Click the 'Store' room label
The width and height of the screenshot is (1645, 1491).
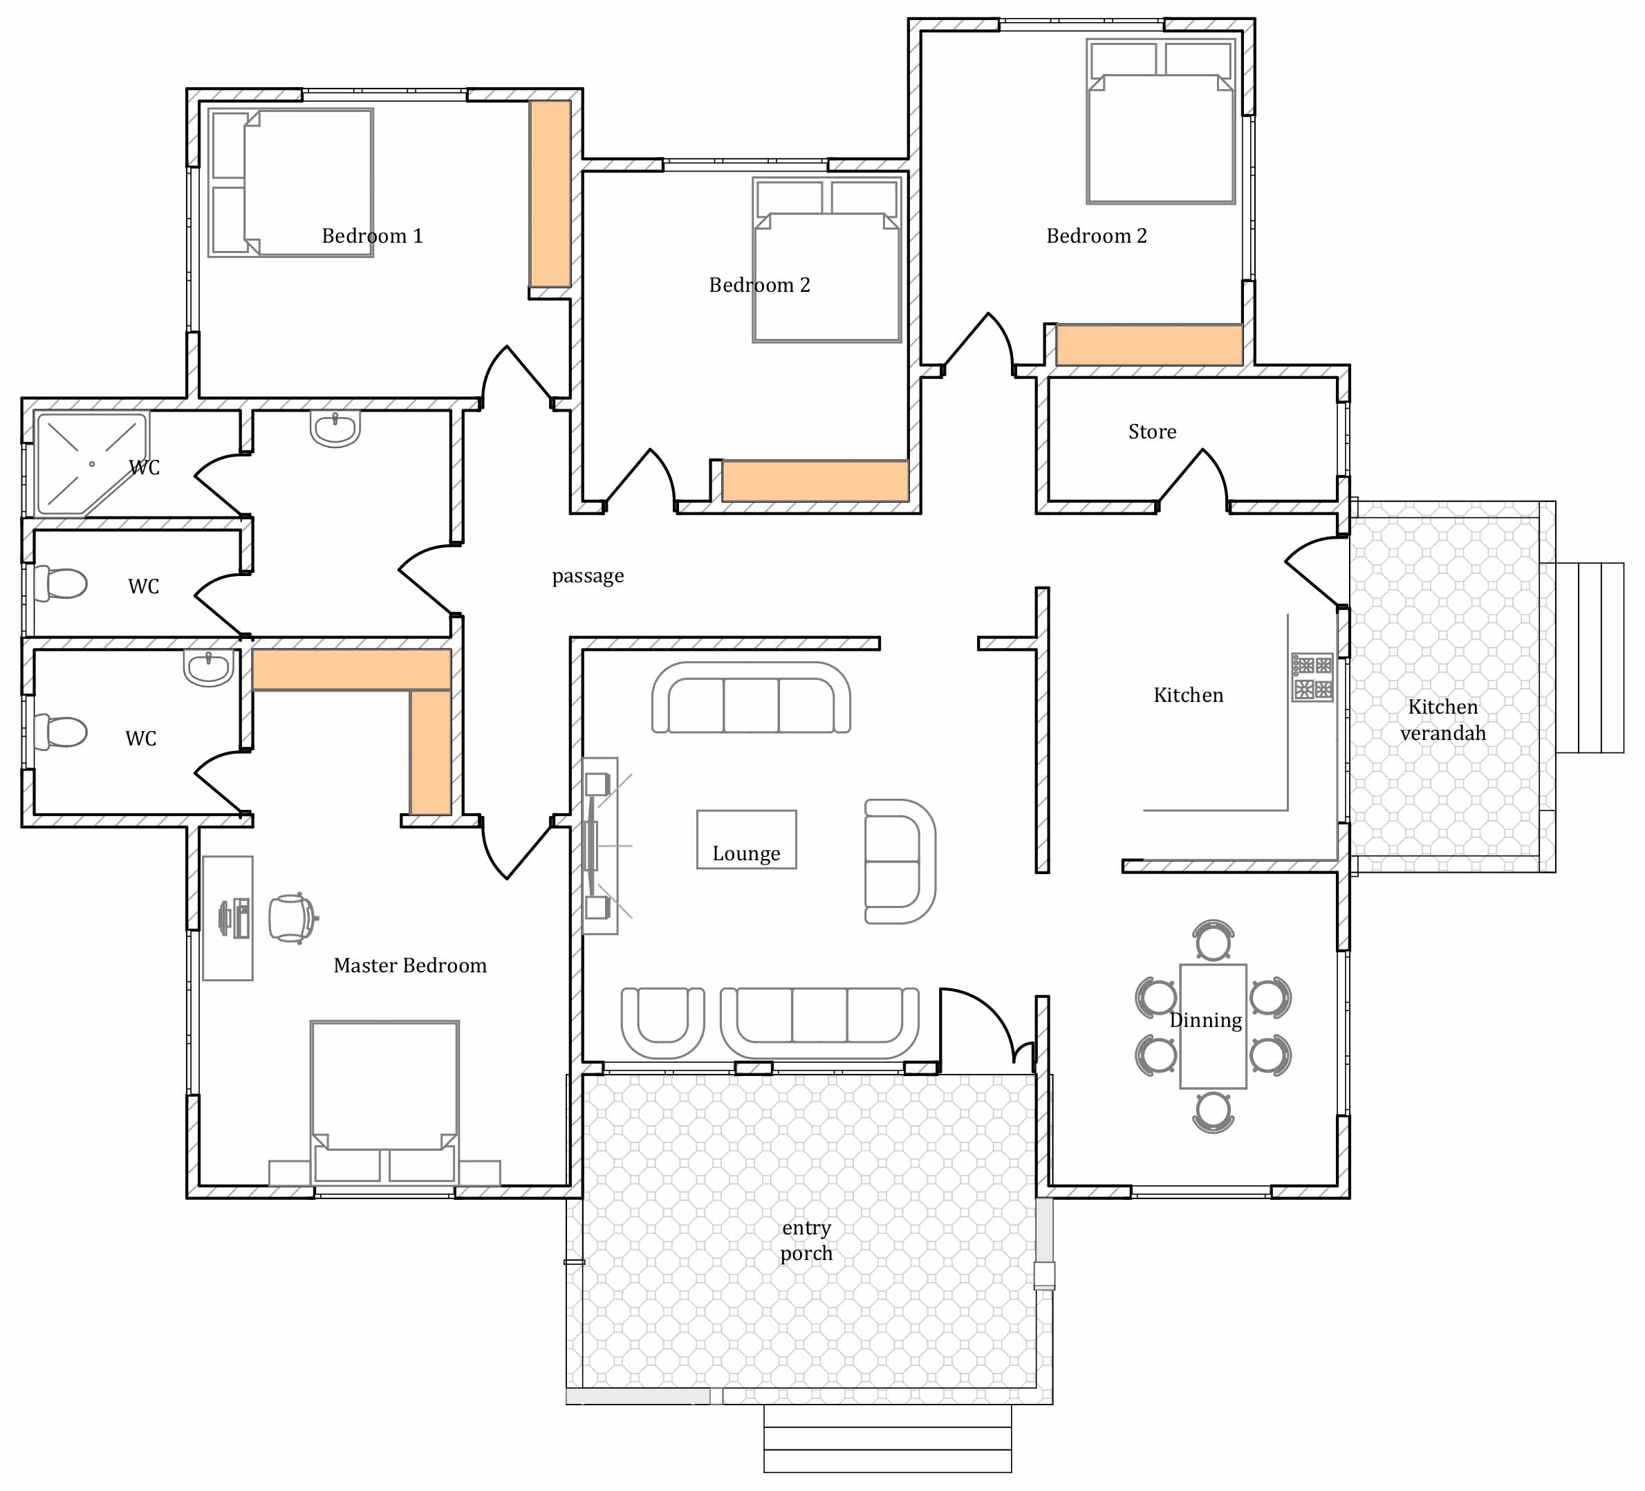pyautogui.click(x=1152, y=432)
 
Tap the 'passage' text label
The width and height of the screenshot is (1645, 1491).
pyautogui.click(x=588, y=576)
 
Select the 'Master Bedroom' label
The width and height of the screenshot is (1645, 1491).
pyautogui.click(x=409, y=965)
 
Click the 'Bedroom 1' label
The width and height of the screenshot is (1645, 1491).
pyautogui.click(x=372, y=236)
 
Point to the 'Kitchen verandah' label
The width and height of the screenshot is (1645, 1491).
pyautogui.click(x=1442, y=720)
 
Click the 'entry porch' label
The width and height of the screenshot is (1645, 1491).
pyautogui.click(x=806, y=1241)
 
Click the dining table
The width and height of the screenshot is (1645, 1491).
pyautogui.click(x=1213, y=1026)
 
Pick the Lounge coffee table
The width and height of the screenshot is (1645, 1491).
pyautogui.click(x=746, y=839)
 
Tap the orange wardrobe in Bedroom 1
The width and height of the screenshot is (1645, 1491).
pyautogui.click(x=550, y=194)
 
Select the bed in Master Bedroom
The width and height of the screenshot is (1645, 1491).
pyautogui.click(x=384, y=1102)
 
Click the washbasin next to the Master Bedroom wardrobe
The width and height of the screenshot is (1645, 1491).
pyautogui.click(x=209, y=668)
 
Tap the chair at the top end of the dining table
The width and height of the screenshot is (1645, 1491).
pyautogui.click(x=1213, y=941)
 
